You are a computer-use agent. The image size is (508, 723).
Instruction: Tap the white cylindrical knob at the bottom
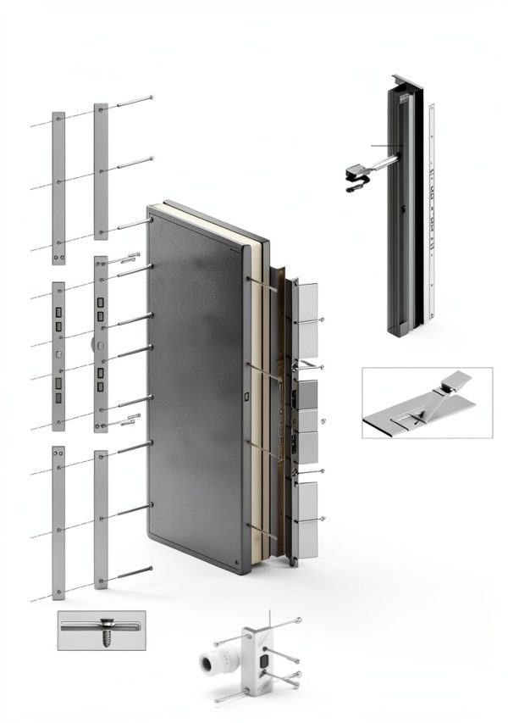pos(214,662)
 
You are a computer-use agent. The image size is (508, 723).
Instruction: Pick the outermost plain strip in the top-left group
pos(58,186)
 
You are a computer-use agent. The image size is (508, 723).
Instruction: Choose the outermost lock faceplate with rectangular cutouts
pos(58,356)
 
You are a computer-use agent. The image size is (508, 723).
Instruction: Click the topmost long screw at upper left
pos(133,102)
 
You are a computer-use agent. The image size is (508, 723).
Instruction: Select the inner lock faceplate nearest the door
pos(101,344)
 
